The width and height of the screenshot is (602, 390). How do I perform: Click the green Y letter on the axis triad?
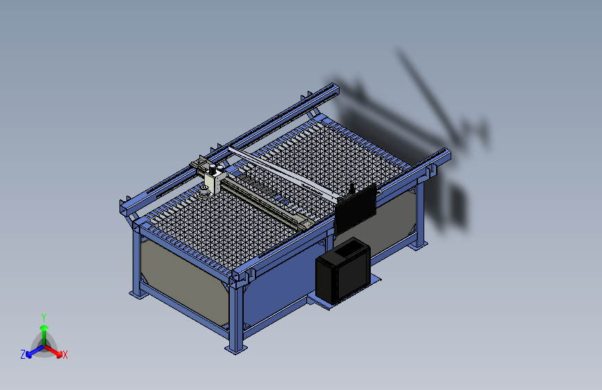click(43, 316)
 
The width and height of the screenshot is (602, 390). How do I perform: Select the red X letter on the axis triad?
click(65, 355)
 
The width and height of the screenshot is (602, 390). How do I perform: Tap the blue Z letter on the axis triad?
click(23, 355)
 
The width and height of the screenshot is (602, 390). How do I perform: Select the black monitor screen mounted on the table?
click(355, 208)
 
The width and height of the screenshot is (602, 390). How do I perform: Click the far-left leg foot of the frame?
click(137, 293)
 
